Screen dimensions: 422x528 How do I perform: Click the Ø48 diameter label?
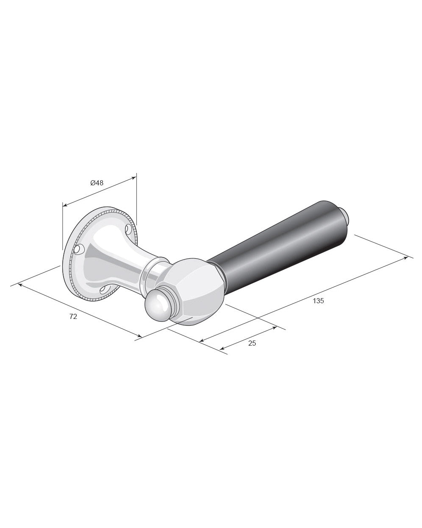pos(97,183)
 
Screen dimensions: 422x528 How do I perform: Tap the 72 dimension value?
pos(73,316)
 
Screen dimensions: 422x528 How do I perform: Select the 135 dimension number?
pos(318,301)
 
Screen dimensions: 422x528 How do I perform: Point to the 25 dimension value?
pos(252,343)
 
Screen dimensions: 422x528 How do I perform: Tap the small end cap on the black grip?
pos(344,216)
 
